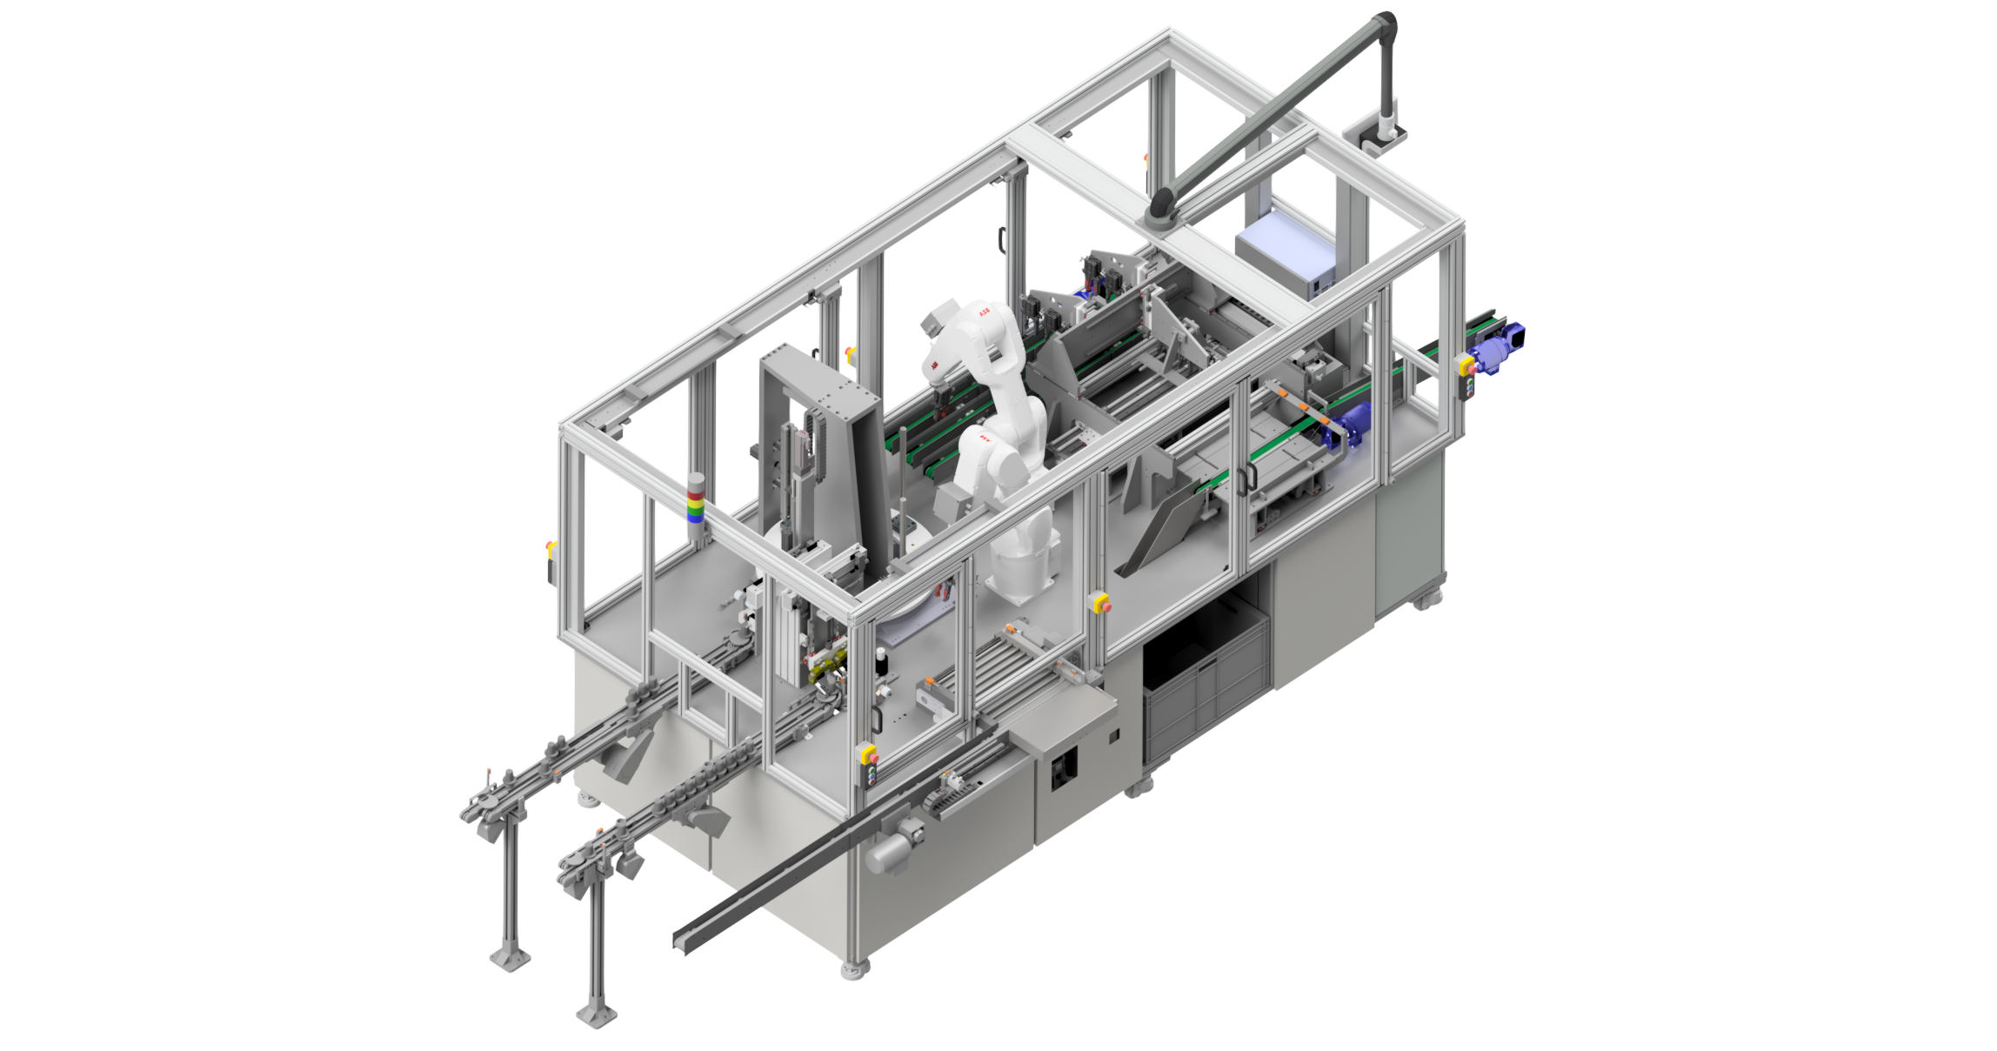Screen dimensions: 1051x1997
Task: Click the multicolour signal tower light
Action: click(696, 499)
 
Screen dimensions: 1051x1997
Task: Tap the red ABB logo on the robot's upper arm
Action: click(984, 311)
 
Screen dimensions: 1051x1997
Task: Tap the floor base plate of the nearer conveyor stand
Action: click(597, 1014)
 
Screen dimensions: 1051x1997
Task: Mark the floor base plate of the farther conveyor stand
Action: click(510, 958)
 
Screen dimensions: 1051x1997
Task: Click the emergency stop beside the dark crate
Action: click(1100, 602)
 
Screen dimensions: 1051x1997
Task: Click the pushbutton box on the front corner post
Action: click(868, 758)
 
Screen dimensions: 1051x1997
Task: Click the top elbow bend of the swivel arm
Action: click(1385, 23)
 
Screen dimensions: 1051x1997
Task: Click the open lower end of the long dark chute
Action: click(685, 941)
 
